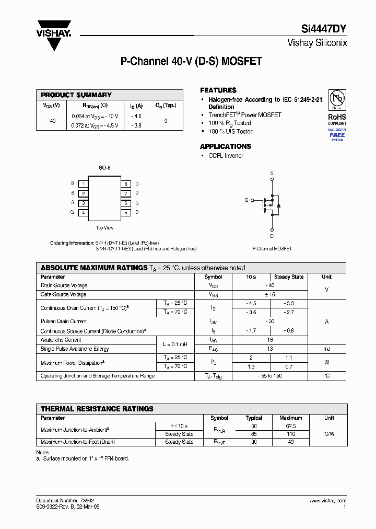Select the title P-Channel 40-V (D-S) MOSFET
[x=191, y=62]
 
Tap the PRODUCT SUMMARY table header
[x=76, y=95]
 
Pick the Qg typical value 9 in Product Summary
[x=166, y=121]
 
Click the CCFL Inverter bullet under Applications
[x=226, y=156]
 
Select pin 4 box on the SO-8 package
[x=83, y=213]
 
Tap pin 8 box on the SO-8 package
[x=125, y=184]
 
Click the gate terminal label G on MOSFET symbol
[x=246, y=200]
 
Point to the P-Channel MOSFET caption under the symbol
[x=272, y=249]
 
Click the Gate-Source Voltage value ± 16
[x=270, y=295]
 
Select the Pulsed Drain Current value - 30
[x=270, y=321]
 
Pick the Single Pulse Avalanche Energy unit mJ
[x=326, y=349]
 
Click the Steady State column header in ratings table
[x=289, y=277]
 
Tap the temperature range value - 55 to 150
[x=270, y=376]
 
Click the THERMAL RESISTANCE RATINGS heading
[x=97, y=409]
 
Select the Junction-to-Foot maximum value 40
[x=291, y=442]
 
